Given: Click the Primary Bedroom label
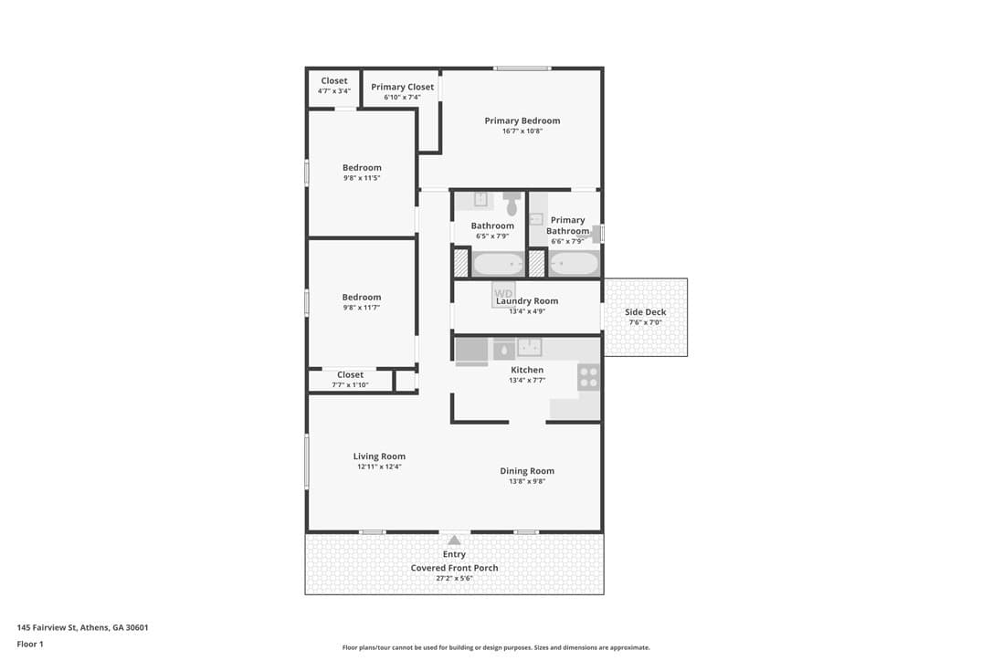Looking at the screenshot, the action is point(522,121).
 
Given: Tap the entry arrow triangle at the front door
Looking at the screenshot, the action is point(454,540).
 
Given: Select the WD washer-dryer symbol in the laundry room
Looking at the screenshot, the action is point(503,294).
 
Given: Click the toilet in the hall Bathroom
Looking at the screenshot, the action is point(512,203).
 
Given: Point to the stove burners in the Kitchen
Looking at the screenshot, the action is point(588,377).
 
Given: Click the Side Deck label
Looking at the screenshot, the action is point(645,312).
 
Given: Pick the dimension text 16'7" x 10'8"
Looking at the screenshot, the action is point(522,131).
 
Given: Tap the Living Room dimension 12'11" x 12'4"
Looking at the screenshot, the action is point(379,467).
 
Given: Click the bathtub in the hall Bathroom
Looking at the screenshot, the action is point(498,263).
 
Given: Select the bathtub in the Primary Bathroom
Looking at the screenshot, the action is point(573,263).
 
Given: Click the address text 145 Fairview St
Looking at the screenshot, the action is point(47,627).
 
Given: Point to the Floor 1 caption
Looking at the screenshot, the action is point(30,644).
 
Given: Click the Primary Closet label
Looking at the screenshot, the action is point(402,88).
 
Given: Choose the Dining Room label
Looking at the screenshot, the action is point(527,470).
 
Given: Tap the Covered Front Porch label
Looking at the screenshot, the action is point(454,568).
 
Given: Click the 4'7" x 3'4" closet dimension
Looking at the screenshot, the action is point(334,91).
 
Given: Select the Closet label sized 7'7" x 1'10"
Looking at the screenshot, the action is point(350,374).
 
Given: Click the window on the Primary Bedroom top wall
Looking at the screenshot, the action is point(522,68).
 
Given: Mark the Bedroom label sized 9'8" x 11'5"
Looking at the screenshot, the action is point(362,168).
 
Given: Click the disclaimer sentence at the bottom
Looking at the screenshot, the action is point(496,647).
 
